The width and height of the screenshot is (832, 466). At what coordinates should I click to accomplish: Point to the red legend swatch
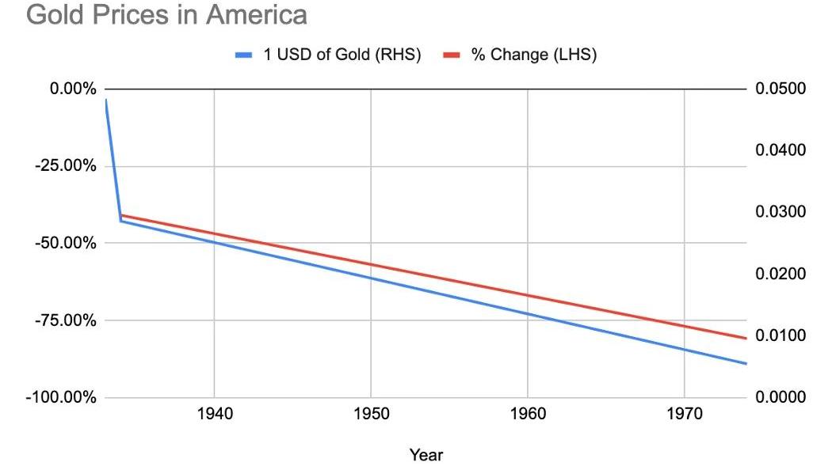[451, 55]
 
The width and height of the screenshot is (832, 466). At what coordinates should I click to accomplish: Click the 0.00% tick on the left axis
[73, 89]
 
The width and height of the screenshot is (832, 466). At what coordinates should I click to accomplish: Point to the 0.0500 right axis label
[781, 89]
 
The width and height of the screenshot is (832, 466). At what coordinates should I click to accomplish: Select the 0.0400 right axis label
[781, 150]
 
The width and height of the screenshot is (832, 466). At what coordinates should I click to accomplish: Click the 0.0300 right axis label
[781, 212]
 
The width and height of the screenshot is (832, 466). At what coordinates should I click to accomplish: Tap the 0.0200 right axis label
[781, 274]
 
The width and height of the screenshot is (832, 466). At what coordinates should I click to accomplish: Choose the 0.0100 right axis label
[781, 335]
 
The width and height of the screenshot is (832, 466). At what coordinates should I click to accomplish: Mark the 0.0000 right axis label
[781, 397]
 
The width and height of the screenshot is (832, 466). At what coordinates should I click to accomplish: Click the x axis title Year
[426, 455]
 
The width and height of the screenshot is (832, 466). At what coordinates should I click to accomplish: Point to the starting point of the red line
[121, 215]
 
